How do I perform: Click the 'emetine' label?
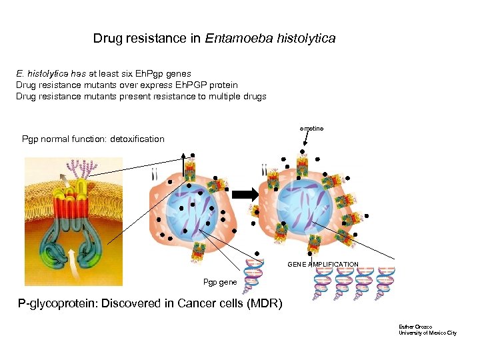tap(311, 128)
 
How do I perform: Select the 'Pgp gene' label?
tap(220, 282)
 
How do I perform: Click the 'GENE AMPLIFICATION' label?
tap(323, 265)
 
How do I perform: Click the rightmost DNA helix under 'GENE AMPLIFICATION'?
tap(386, 281)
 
